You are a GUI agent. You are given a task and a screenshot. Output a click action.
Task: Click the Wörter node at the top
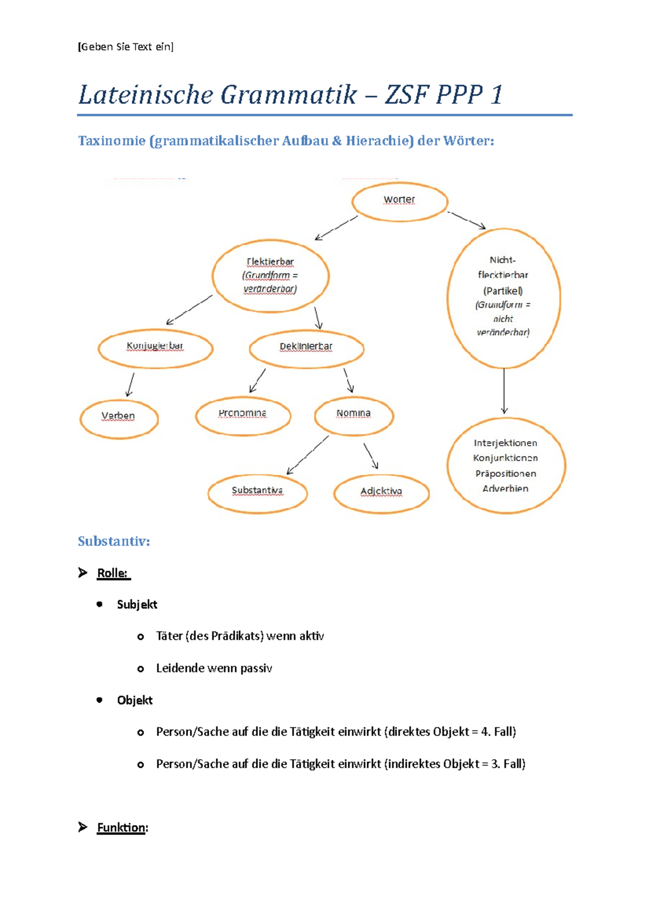tap(400, 202)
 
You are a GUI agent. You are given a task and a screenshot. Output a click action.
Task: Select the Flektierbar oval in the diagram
tap(270, 276)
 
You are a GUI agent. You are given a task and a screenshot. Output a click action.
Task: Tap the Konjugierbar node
tap(155, 348)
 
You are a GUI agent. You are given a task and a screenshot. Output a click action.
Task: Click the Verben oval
tap(118, 418)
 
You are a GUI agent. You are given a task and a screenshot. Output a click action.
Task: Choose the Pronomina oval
tap(243, 415)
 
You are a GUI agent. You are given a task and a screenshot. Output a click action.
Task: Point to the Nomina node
tap(354, 415)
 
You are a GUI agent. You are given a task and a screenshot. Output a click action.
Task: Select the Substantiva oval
tap(257, 493)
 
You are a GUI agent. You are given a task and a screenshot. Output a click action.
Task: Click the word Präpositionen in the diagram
tap(506, 474)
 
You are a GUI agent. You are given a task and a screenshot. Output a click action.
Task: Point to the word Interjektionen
tap(506, 443)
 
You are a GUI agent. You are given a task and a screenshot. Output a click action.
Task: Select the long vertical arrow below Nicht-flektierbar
tap(504, 391)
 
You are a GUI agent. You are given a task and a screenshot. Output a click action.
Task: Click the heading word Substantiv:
tap(114, 541)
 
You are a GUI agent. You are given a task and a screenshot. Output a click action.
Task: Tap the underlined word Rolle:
tap(112, 573)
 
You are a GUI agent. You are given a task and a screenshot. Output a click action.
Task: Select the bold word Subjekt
tap(137, 604)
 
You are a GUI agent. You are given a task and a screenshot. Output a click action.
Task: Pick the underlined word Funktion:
tap(122, 828)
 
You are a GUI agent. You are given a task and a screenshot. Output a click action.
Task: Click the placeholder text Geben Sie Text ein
tap(126, 47)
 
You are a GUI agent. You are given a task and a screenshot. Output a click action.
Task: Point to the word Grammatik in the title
tap(288, 95)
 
